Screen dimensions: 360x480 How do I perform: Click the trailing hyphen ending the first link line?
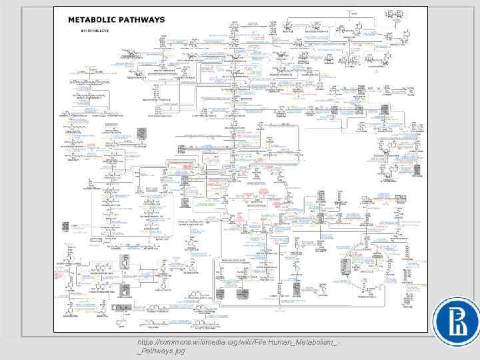(x=340, y=341)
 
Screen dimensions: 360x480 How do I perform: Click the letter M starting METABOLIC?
(x=71, y=20)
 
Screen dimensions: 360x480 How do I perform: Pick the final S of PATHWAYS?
(x=162, y=20)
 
